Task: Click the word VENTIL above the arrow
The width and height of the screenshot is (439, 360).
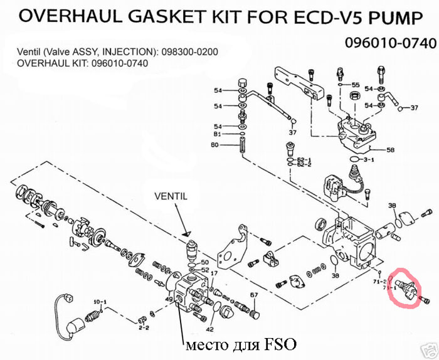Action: tap(171, 196)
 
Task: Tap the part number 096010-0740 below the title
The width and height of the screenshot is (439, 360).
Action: tap(389, 43)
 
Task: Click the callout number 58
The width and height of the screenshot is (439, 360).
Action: tap(390, 151)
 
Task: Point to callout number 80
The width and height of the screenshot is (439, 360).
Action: tap(215, 146)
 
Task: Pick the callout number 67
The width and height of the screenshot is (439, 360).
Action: tap(255, 294)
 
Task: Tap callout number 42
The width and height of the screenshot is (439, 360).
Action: tap(209, 329)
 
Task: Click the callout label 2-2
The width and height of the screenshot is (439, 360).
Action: tap(144, 327)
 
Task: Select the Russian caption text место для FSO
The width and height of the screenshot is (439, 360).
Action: tap(238, 344)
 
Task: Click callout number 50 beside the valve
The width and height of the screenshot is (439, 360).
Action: tap(205, 262)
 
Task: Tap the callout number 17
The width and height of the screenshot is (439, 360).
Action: tap(214, 273)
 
